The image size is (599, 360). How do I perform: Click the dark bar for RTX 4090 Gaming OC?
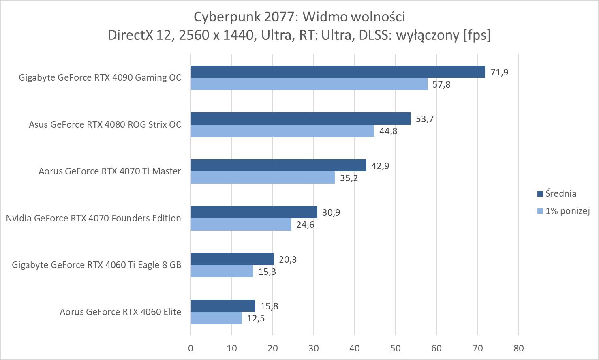click(x=338, y=72)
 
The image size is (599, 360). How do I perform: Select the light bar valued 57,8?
click(x=309, y=84)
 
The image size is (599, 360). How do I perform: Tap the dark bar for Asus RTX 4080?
click(x=300, y=118)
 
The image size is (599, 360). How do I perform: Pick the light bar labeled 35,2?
click(x=263, y=178)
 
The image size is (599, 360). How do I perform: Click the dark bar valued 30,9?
click(x=254, y=212)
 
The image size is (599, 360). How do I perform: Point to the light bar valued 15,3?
click(x=222, y=271)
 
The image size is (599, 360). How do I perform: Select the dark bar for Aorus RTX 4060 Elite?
click(x=223, y=306)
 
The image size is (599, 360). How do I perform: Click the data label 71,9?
click(x=499, y=72)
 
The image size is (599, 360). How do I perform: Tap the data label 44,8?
click(x=388, y=131)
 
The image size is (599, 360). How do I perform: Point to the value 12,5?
click(x=255, y=318)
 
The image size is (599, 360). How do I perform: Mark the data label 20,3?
click(x=287, y=259)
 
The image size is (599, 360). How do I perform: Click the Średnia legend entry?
click(x=560, y=194)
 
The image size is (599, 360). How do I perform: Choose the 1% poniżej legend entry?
click(x=567, y=211)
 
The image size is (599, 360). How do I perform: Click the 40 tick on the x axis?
click(x=355, y=348)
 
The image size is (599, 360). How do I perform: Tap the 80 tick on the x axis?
click(x=518, y=348)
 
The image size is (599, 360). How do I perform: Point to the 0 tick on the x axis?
click(x=190, y=348)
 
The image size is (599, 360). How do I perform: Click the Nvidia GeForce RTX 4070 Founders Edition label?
click(x=93, y=218)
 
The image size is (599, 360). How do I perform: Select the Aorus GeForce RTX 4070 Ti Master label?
click(x=109, y=171)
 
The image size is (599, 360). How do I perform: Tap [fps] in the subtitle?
click(x=477, y=35)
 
